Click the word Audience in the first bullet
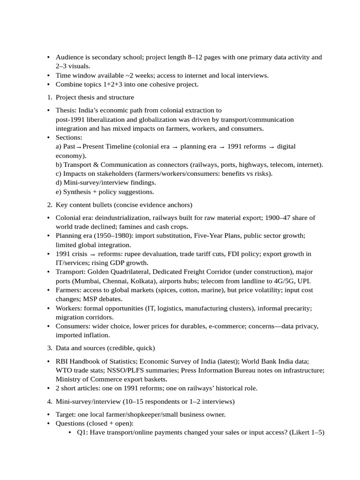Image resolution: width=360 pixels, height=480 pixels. pos(70,57)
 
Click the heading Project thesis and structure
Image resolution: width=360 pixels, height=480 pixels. pos(95,97)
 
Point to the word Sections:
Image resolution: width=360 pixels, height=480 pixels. pos(69,137)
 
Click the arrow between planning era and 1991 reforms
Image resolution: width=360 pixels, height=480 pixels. pos(222,147)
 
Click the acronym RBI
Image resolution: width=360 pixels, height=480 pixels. pos(62,361)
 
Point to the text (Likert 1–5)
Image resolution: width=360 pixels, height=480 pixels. pos(307,432)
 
